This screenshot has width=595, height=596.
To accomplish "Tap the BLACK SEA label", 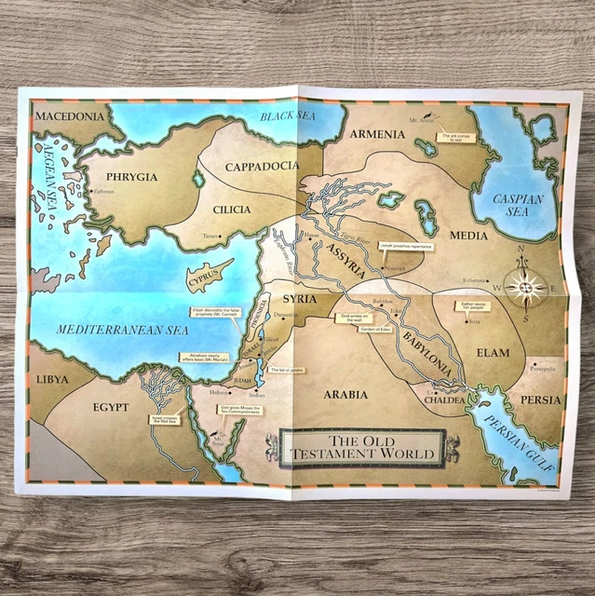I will click(x=289, y=117).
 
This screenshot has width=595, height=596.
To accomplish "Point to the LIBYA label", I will click(x=52, y=380).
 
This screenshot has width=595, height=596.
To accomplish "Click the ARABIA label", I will click(x=345, y=394).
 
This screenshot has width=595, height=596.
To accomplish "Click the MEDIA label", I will click(x=468, y=236).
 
